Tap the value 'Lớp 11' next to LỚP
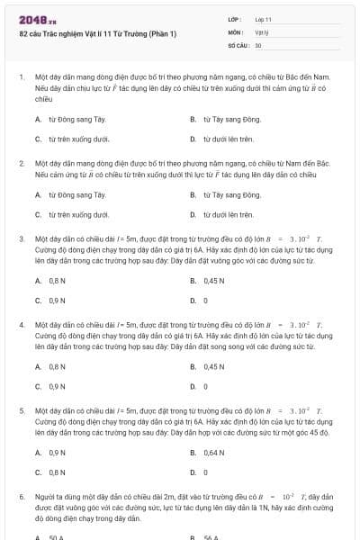[x=264, y=19]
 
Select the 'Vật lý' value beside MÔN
[x=262, y=31]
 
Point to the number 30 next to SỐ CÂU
[x=258, y=44]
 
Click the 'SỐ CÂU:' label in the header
[x=238, y=44]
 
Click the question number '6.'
[x=22, y=496]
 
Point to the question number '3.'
[x=22, y=239]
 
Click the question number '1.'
[x=22, y=77]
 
